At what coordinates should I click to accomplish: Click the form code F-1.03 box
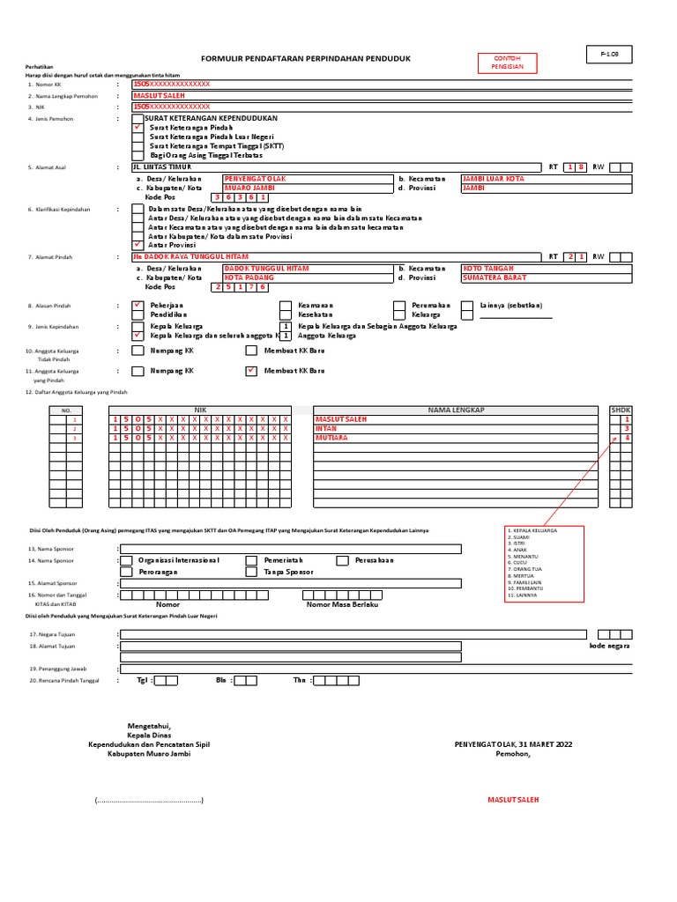tap(609, 55)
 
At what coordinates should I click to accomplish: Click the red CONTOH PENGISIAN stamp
tap(507, 63)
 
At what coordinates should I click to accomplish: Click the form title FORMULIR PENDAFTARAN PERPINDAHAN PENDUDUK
tap(306, 58)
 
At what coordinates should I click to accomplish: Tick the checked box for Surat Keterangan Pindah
tap(137, 128)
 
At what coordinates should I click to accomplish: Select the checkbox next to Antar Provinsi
tap(137, 244)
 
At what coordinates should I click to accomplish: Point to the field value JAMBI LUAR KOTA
tap(493, 179)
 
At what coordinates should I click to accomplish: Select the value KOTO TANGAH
tap(487, 268)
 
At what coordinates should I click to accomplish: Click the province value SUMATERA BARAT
tap(494, 277)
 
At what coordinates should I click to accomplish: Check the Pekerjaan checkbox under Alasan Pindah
tap(137, 306)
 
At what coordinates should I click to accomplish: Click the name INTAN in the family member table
tap(326, 428)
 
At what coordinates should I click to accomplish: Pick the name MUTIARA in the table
tap(331, 438)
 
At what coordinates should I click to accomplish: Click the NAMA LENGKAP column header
tap(456, 410)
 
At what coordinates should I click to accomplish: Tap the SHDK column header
tap(621, 410)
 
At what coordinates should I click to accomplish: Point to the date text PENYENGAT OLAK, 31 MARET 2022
tap(513, 744)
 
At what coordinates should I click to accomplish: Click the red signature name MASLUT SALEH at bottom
tap(513, 800)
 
